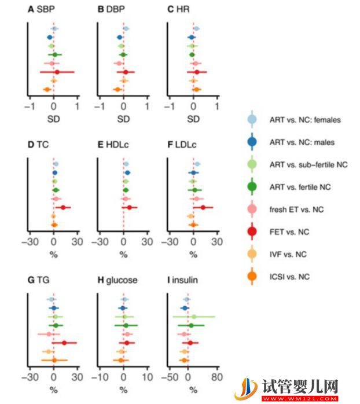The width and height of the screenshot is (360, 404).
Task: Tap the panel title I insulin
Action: (x=182, y=280)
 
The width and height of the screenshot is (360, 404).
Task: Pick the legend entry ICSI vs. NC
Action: (x=289, y=277)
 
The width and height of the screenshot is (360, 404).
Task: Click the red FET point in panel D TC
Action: (x=63, y=207)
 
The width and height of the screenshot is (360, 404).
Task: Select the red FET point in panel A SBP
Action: (x=57, y=72)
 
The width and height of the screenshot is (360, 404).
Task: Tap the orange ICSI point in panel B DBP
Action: (x=117, y=89)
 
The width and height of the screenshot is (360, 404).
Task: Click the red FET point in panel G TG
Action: (x=64, y=343)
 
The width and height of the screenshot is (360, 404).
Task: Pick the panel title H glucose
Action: (x=117, y=280)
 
